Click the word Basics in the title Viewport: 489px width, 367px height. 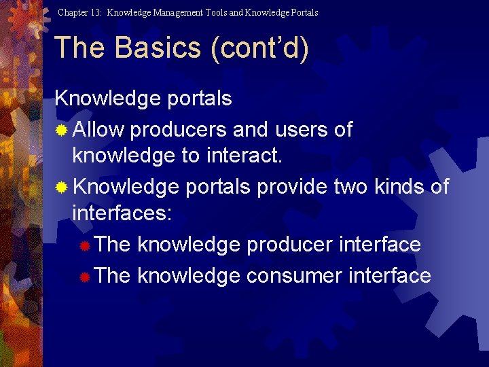pyautogui.click(x=158, y=48)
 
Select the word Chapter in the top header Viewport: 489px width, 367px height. pyautogui.click(x=73, y=12)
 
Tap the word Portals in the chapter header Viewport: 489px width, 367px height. pyautogui.click(x=303, y=12)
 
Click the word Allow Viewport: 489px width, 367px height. pyautogui.click(x=98, y=129)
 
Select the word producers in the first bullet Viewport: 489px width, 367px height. pyautogui.click(x=179, y=129)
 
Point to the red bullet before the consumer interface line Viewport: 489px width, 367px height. pyautogui.click(x=85, y=277)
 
